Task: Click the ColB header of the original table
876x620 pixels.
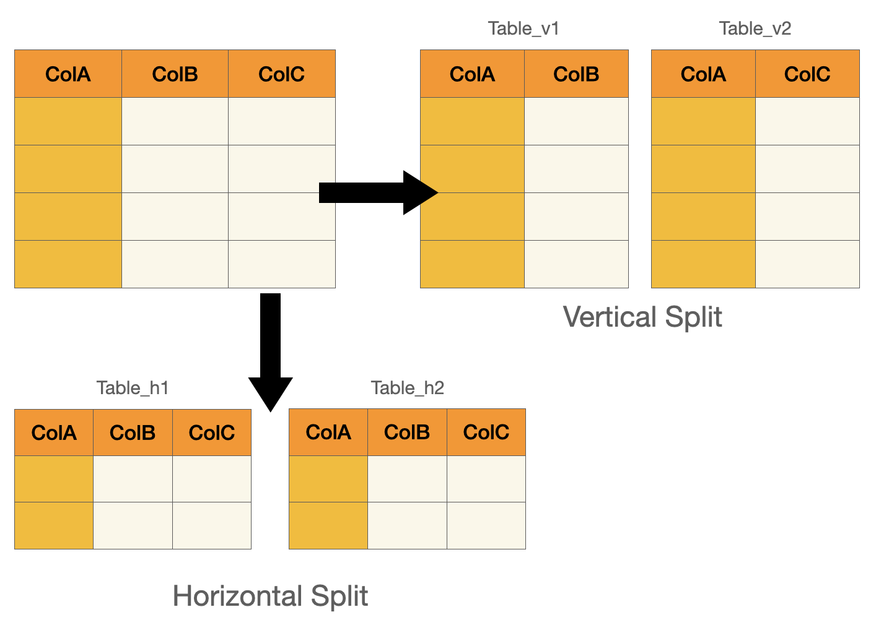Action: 175,74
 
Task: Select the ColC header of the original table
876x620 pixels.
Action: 281,74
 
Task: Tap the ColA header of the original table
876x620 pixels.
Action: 68,74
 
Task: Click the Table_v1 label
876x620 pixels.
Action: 523,28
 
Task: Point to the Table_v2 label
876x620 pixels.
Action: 755,28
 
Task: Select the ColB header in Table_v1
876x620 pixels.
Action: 576,74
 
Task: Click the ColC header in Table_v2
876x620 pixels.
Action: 807,74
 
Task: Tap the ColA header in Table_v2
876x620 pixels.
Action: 703,74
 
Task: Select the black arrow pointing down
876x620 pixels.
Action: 271,347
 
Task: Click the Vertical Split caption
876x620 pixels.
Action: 642,317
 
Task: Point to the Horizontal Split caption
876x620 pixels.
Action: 270,596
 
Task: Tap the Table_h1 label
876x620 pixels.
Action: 133,388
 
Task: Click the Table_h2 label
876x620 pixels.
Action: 407,388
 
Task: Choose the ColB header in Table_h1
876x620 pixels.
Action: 133,433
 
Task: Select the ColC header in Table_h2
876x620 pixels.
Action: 486,432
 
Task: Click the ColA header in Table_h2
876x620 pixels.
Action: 328,432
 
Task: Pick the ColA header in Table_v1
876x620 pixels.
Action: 472,74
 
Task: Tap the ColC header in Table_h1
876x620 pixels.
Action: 211,433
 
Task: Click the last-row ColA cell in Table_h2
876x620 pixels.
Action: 328,525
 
